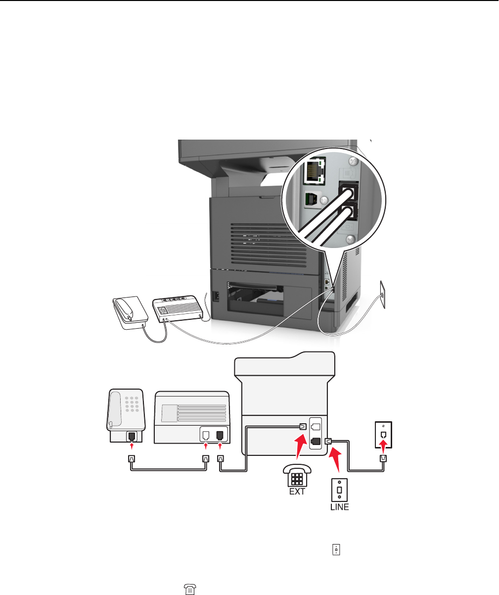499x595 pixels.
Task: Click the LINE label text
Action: [x=339, y=507]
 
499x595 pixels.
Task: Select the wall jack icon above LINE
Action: [x=340, y=489]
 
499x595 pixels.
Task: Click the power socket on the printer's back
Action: [x=215, y=296]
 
